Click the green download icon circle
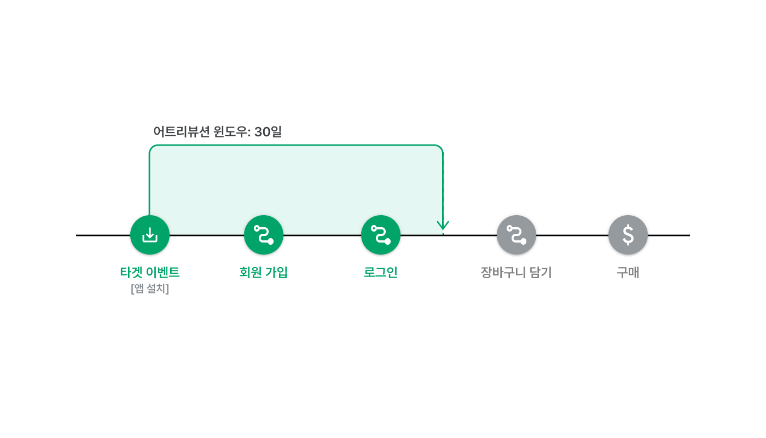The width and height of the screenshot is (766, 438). pyautogui.click(x=150, y=235)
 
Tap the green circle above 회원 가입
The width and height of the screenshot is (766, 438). pyautogui.click(x=264, y=235)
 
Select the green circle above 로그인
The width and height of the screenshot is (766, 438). pyautogui.click(x=381, y=235)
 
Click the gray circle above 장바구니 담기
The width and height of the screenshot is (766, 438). pyautogui.click(x=517, y=235)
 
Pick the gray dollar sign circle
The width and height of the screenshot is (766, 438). pyautogui.click(x=628, y=235)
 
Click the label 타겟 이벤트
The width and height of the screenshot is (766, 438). pyautogui.click(x=150, y=273)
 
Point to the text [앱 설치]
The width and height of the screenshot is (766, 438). pyautogui.click(x=150, y=289)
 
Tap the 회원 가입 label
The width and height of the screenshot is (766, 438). pyautogui.click(x=263, y=273)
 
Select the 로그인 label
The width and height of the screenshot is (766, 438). pyautogui.click(x=381, y=273)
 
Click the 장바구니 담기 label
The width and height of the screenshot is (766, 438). pyautogui.click(x=517, y=273)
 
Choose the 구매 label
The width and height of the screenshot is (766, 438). pyautogui.click(x=628, y=273)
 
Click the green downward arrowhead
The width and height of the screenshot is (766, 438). pyautogui.click(x=443, y=226)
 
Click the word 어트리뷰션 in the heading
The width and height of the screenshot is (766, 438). pyautogui.click(x=181, y=132)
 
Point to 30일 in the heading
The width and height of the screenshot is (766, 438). pyautogui.click(x=268, y=132)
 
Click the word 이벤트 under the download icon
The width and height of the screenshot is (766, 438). pyautogui.click(x=163, y=273)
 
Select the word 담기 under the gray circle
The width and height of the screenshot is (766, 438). pyautogui.click(x=541, y=273)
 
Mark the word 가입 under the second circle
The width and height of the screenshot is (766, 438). pyautogui.click(x=276, y=273)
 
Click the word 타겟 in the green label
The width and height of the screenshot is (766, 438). pyautogui.click(x=131, y=273)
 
